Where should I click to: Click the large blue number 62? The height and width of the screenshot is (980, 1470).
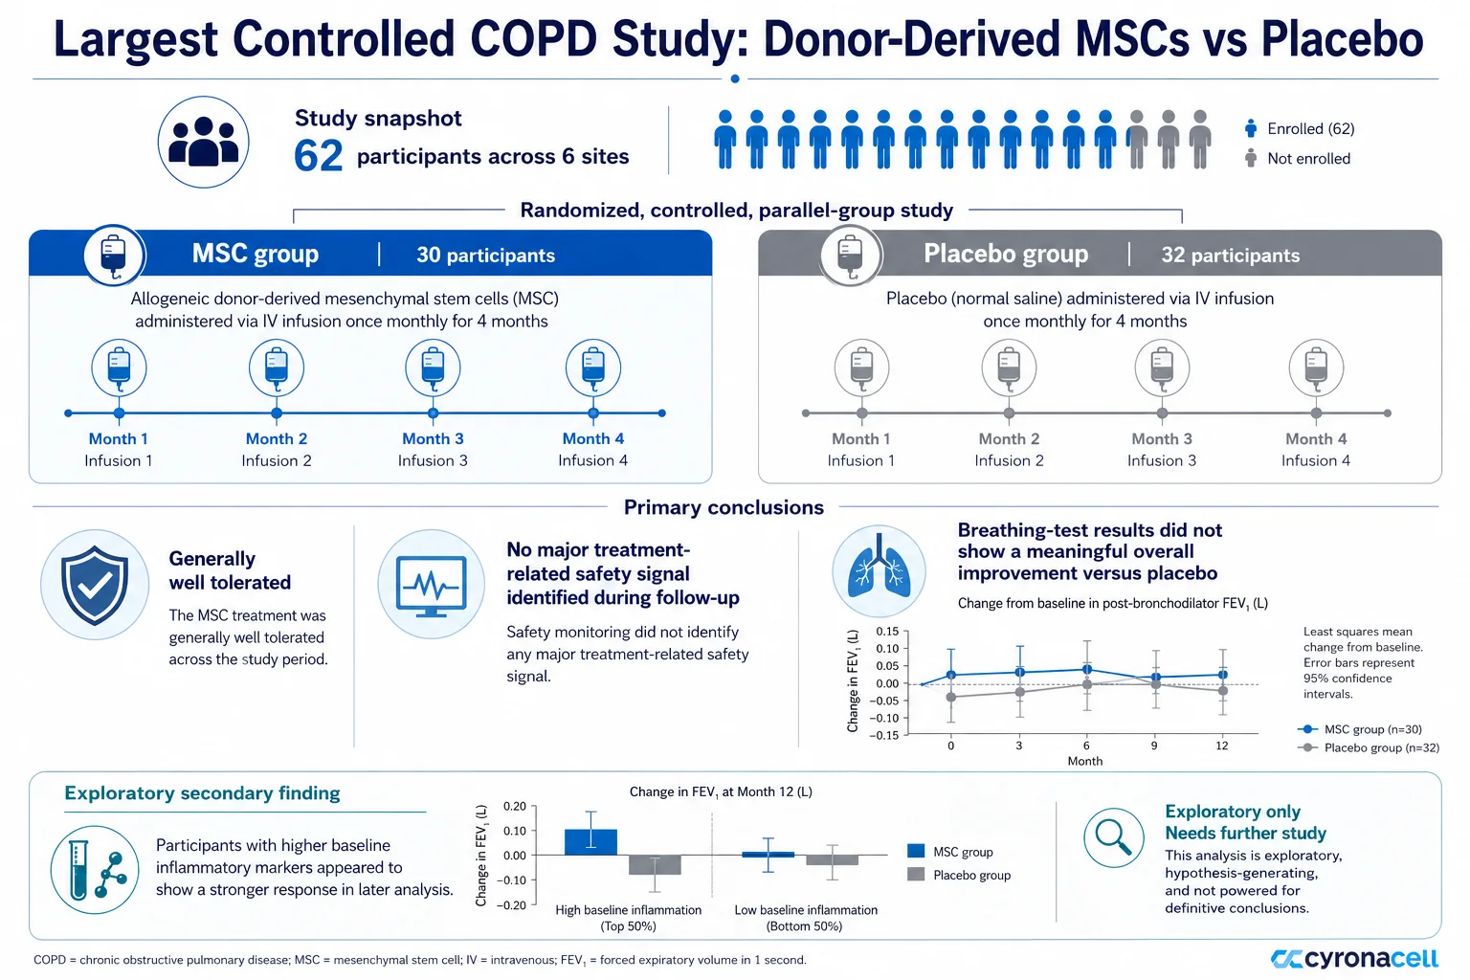click(319, 156)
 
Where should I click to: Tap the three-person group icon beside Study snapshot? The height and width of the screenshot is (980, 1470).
click(204, 142)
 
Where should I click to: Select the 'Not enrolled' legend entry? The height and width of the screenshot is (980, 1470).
click(1298, 158)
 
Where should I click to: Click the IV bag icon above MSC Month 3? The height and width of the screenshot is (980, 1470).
click(433, 367)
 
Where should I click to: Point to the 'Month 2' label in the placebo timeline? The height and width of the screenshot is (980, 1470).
click(1009, 438)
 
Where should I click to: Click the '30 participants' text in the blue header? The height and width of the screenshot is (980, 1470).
click(485, 255)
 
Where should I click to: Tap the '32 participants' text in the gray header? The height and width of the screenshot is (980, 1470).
click(1231, 255)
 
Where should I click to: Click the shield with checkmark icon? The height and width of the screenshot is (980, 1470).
click(95, 584)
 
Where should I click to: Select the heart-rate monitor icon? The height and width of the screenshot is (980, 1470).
click(432, 584)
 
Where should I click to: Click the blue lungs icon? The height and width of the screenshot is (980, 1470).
click(879, 571)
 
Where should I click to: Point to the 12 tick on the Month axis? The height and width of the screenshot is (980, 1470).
click(1221, 746)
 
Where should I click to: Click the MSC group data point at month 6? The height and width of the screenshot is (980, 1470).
click(1087, 670)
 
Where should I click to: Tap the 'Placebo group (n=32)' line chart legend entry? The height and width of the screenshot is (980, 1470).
click(1369, 747)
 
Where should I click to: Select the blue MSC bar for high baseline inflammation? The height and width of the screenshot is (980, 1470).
click(590, 842)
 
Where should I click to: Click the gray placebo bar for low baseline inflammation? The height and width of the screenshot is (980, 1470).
click(832, 859)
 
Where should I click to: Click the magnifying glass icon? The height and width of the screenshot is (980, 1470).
click(1114, 837)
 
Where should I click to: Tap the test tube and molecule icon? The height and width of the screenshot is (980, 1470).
click(95, 870)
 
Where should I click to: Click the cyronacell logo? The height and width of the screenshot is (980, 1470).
click(1354, 958)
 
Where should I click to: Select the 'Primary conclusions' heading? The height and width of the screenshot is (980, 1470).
click(724, 507)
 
